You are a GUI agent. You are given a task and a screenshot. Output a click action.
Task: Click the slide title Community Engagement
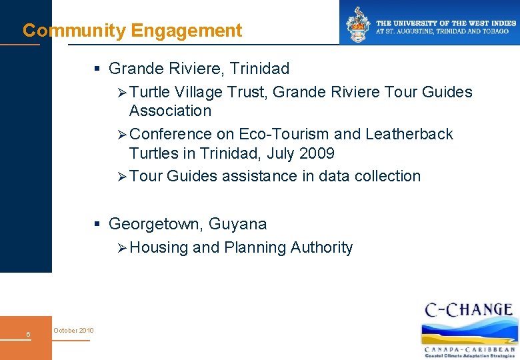coord(132,31)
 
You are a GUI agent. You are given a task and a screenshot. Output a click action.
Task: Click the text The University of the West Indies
coord(446,23)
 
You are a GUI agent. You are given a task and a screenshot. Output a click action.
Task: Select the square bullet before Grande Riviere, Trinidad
coord(97,69)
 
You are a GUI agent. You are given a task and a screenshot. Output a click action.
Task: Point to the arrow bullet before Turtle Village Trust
coord(121,93)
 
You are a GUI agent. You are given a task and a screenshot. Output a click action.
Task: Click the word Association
coord(170,111)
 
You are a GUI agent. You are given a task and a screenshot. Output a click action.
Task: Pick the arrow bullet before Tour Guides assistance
coord(121,177)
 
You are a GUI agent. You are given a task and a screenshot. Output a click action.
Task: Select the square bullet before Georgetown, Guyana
coord(97,224)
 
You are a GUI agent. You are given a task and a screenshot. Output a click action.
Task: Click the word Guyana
coord(237,224)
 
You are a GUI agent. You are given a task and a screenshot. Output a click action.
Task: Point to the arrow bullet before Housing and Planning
coord(121,248)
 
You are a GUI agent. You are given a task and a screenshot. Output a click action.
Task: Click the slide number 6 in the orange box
coord(28,334)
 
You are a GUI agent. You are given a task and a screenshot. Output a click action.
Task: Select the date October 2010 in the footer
coord(73,331)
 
